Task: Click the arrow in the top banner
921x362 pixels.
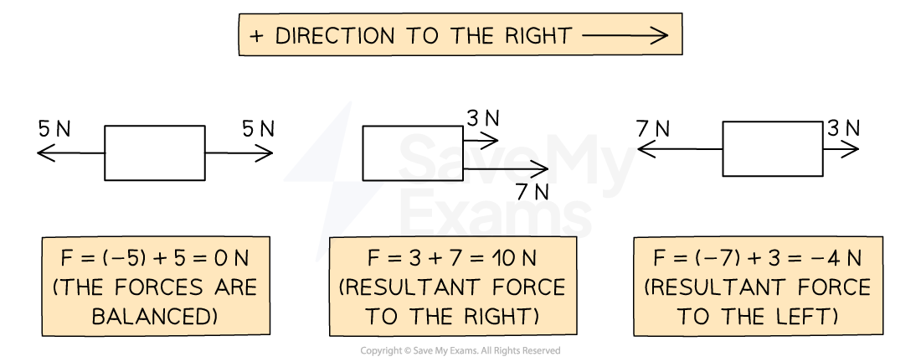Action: pyautogui.click(x=625, y=35)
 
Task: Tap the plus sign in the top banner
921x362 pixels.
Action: pyautogui.click(x=256, y=35)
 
